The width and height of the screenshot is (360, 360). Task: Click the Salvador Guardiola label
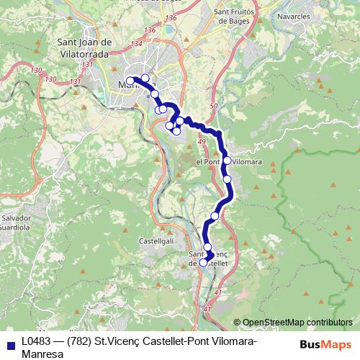coord(16,222)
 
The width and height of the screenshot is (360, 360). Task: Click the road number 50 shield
coord(212,106)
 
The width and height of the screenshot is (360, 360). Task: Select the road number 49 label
coord(201,143)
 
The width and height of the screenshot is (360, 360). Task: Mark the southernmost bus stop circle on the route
coord(203,263)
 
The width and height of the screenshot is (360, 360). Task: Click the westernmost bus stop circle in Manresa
coord(130,81)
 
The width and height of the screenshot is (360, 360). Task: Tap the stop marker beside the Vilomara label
coord(227,161)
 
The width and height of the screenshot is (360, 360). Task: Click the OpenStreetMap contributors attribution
coord(297,323)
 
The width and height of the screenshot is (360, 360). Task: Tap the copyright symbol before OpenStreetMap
coord(237,323)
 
